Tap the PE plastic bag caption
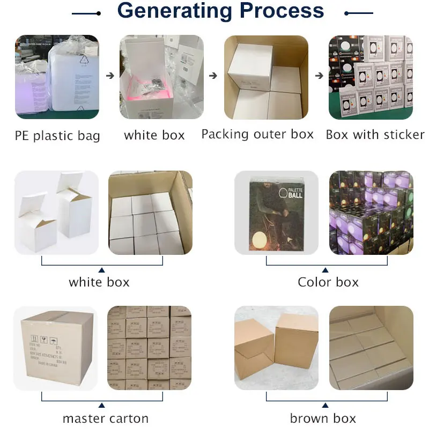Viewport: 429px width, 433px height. point(57,136)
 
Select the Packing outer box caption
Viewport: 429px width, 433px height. point(257,134)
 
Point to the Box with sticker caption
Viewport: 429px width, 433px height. point(375,135)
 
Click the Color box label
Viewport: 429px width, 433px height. point(328,282)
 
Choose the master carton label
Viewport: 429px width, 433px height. point(106,419)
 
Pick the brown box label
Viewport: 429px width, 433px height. point(323,419)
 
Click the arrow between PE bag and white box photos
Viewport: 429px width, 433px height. point(110,76)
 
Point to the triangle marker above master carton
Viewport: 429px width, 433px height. point(102,405)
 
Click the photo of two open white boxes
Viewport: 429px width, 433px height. point(56,213)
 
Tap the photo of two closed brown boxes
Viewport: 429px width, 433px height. point(276,348)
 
